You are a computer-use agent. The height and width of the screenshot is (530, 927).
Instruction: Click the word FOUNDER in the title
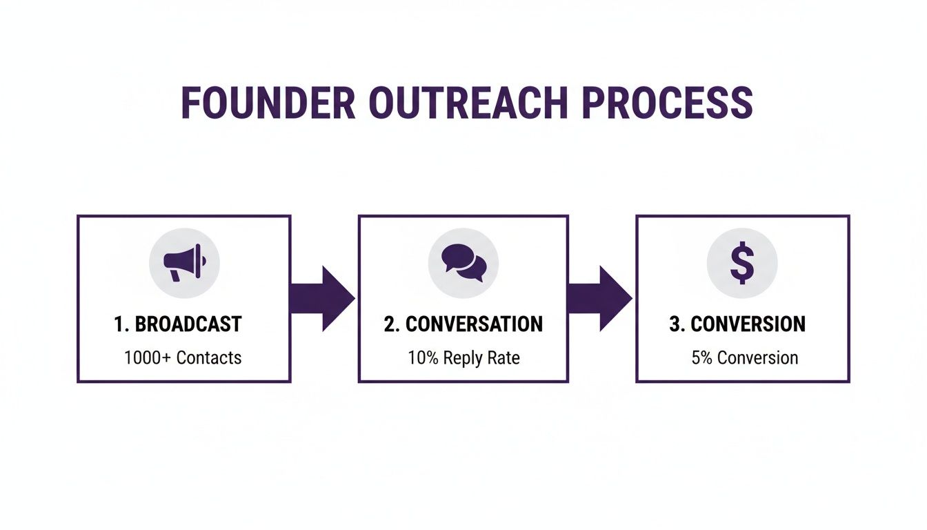coord(268,104)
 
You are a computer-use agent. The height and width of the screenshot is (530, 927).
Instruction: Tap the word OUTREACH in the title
coord(468,104)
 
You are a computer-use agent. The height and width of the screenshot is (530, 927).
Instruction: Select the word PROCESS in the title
coord(667,104)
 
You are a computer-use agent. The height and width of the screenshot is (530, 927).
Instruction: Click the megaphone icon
coord(184,264)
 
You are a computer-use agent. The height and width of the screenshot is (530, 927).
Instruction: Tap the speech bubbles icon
coord(464,264)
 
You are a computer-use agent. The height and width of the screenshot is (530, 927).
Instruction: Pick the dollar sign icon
coord(742,264)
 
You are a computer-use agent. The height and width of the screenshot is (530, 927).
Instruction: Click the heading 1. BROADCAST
coord(178,324)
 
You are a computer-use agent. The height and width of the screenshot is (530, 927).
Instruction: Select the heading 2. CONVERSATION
coord(463,324)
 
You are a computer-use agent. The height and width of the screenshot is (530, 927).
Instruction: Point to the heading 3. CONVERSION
coord(737,324)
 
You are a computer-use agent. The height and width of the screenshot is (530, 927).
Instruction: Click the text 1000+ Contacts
coord(183,357)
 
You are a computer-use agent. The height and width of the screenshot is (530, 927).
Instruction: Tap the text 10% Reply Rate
coord(463,357)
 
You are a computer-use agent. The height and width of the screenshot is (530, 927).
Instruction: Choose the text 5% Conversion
coord(744,357)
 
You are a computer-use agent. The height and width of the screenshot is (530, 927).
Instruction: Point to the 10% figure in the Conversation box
coord(421,357)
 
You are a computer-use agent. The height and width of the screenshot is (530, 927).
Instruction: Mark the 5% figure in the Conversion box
coord(702,357)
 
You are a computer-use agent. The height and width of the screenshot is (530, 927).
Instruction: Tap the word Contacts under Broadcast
coord(209,357)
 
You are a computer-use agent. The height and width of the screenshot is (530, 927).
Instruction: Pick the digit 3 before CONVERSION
coord(675,324)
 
